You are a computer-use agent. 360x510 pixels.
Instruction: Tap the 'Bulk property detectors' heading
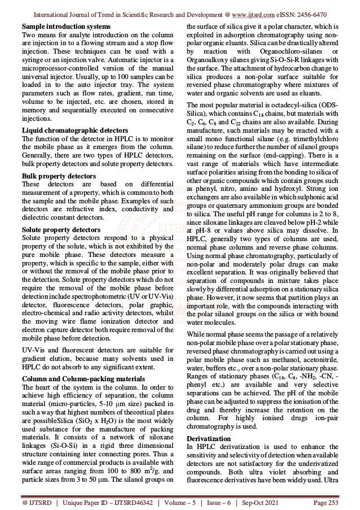[55, 175]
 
